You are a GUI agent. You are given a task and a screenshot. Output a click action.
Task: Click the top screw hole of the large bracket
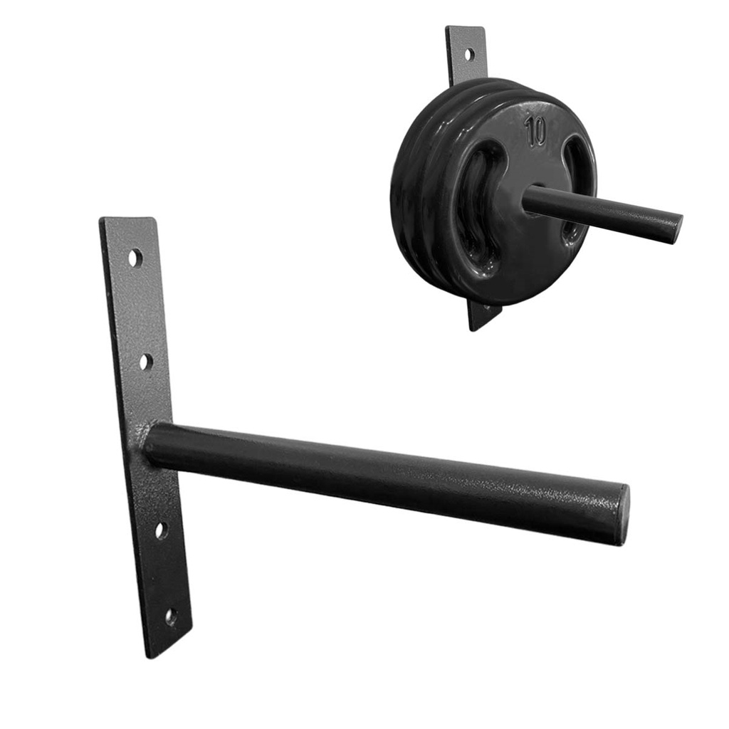click(x=135, y=258)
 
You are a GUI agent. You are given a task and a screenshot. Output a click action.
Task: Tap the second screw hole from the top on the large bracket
click(x=147, y=361)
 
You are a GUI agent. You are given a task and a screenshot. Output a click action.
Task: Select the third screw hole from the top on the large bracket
click(x=162, y=530)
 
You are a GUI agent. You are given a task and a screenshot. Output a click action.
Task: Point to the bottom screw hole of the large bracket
click(x=171, y=617)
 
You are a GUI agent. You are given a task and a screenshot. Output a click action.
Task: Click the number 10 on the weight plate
click(x=535, y=131)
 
